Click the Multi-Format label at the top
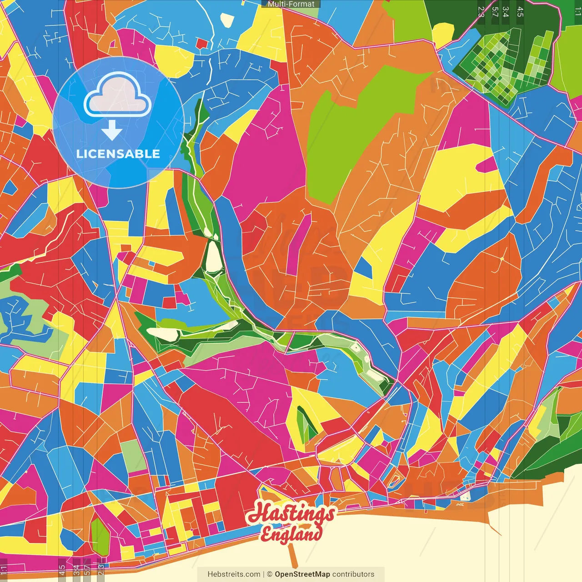[x=291, y=4]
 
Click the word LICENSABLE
[x=118, y=154]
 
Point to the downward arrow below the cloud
[x=112, y=131]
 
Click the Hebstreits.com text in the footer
[x=234, y=574]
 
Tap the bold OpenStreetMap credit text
[x=302, y=574]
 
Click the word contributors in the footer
[x=353, y=574]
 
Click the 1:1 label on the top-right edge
[x=577, y=11]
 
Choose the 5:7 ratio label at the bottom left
[x=87, y=570]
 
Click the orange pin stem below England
[x=293, y=556]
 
